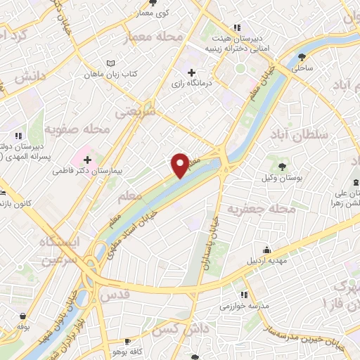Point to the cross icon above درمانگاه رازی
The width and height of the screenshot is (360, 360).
192,72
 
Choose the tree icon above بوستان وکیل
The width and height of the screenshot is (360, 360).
282,166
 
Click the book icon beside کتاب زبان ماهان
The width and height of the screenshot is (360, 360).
110,64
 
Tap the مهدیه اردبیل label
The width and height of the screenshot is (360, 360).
266,261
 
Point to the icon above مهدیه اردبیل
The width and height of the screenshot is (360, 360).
266,250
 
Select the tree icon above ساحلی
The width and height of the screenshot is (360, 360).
302,56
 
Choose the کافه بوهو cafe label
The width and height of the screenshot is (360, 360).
129,350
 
